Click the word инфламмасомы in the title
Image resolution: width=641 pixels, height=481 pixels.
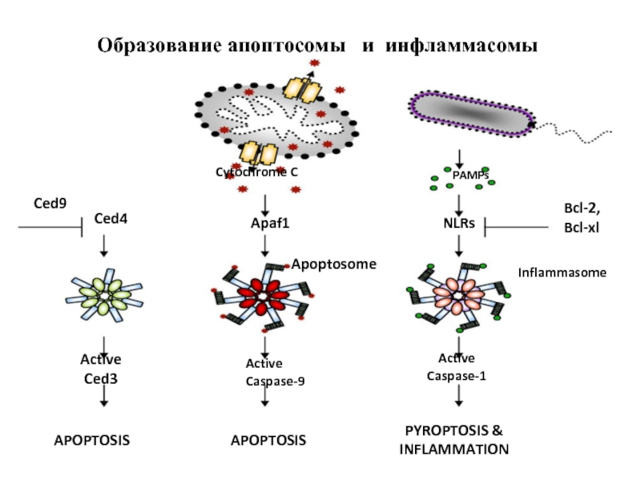click(462, 46)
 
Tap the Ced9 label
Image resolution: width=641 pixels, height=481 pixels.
click(50, 204)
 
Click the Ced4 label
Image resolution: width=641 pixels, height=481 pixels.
click(111, 218)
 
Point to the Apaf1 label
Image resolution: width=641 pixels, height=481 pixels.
click(270, 224)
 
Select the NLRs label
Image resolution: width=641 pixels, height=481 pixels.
click(459, 224)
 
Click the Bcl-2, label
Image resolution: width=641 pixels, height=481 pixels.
click(583, 208)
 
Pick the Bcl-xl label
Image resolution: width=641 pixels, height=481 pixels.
click(582, 228)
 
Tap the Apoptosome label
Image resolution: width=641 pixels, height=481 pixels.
click(333, 265)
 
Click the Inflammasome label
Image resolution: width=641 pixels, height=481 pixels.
click(562, 273)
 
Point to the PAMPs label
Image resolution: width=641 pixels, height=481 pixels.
click(470, 176)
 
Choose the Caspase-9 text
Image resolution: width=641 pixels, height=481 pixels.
click(275, 382)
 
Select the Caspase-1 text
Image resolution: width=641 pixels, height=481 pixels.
click(456, 376)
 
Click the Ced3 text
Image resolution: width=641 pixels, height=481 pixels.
click(101, 378)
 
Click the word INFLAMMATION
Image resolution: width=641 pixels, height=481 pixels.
click(454, 450)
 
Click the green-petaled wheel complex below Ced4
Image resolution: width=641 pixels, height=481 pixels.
click(104, 294)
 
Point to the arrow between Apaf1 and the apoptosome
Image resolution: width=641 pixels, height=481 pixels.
click(265, 246)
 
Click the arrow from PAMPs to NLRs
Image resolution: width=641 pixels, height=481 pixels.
click(459, 205)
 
